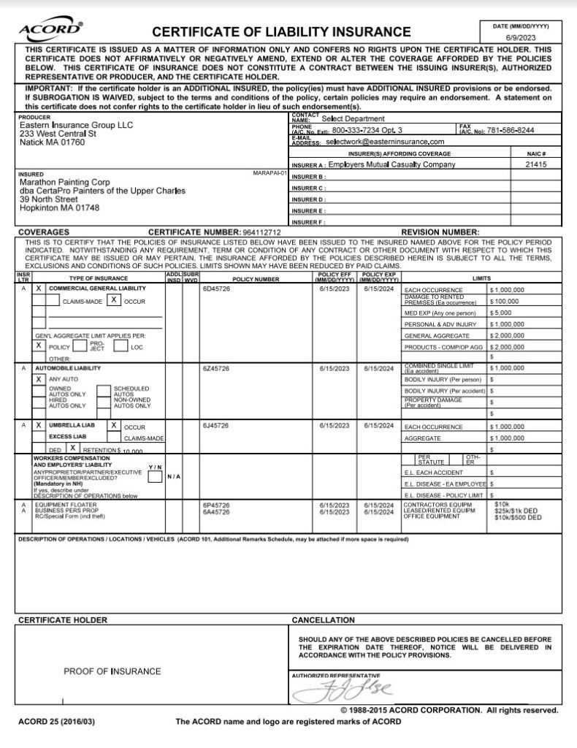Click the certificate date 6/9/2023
521,37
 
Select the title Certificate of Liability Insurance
281,31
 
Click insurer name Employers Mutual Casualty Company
391,165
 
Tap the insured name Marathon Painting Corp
66,182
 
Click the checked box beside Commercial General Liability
39,289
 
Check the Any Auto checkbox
39,380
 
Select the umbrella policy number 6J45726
216,425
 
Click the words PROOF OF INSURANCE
112,671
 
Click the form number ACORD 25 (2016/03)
56,722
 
